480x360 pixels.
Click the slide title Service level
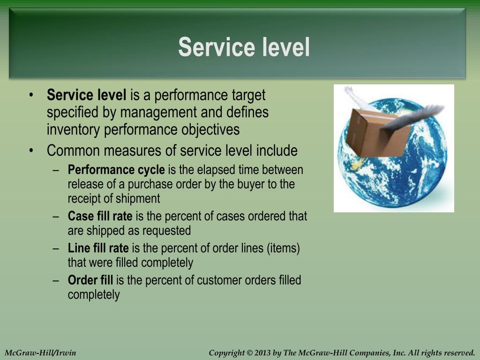pyautogui.click(x=244, y=47)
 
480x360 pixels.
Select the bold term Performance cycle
pyautogui.click(x=116, y=170)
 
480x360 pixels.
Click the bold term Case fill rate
pyautogui.click(x=100, y=216)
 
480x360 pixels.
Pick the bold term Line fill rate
pyautogui.click(x=98, y=248)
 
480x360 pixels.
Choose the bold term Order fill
pyautogui.click(x=90, y=280)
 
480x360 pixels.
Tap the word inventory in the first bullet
pyautogui.click(x=74, y=129)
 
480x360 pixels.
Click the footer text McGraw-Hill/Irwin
pyautogui.click(x=40, y=352)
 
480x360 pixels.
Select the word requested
pyautogui.click(x=166, y=231)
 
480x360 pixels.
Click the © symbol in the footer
pyautogui.click(x=249, y=352)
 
